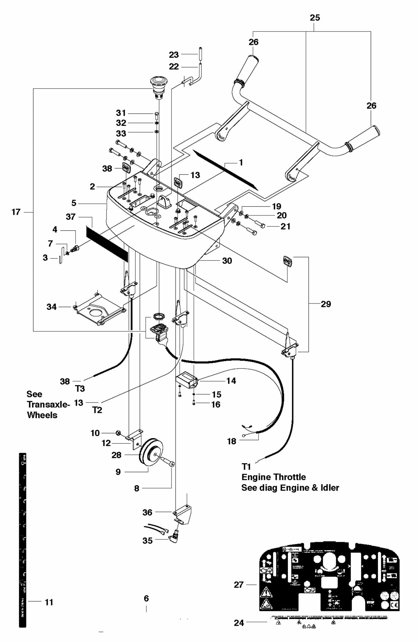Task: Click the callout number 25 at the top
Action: (x=315, y=18)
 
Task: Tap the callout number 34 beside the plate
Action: (x=51, y=307)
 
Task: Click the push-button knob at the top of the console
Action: (x=157, y=84)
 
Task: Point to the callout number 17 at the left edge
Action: (x=16, y=212)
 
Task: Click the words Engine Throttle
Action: (x=273, y=477)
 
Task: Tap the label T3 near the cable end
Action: (x=80, y=389)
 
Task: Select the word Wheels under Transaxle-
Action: (x=42, y=415)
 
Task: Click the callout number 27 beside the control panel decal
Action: (x=239, y=585)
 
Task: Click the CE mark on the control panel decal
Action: (x=395, y=605)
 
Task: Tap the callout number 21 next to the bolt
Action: (x=285, y=226)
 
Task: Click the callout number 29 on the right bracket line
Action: (x=326, y=304)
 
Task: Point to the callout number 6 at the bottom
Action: (x=146, y=598)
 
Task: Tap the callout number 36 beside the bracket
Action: (x=147, y=512)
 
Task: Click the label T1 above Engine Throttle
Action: (x=246, y=466)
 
